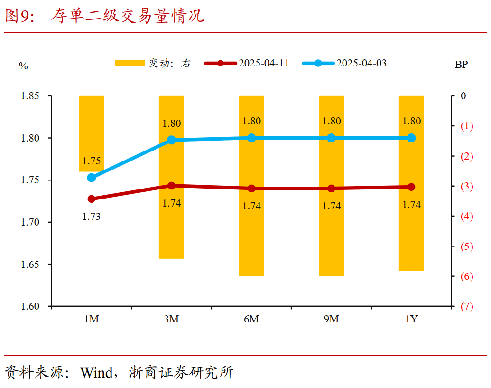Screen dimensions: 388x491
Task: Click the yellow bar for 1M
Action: [91, 133]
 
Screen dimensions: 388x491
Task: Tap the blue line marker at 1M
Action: [92, 178]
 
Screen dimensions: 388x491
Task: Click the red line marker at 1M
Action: [92, 199]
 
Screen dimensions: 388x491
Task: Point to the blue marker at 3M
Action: [171, 140]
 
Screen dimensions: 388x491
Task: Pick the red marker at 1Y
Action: [411, 187]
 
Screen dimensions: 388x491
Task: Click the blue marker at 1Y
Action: [411, 138]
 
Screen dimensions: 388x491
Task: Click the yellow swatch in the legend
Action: [130, 63]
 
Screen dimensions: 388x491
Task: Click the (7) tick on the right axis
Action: [467, 306]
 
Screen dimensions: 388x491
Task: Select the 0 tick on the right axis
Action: [463, 96]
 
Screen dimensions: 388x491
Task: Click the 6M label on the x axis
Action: [251, 319]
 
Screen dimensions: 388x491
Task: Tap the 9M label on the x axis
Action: [331, 319]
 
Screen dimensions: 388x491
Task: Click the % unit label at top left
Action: [23, 66]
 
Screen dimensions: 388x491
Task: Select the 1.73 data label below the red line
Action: [92, 217]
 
